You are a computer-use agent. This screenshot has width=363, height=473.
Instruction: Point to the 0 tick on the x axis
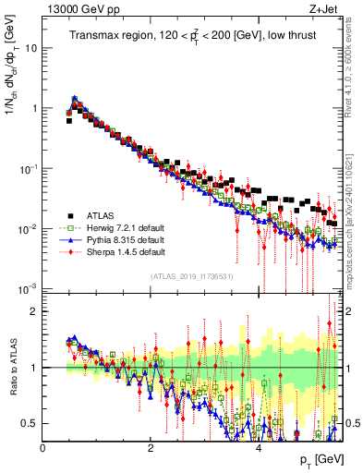pos(43,448)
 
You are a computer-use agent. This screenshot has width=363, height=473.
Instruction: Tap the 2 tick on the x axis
pos(151,448)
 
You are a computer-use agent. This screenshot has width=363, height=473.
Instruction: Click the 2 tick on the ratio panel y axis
pos(33,311)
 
